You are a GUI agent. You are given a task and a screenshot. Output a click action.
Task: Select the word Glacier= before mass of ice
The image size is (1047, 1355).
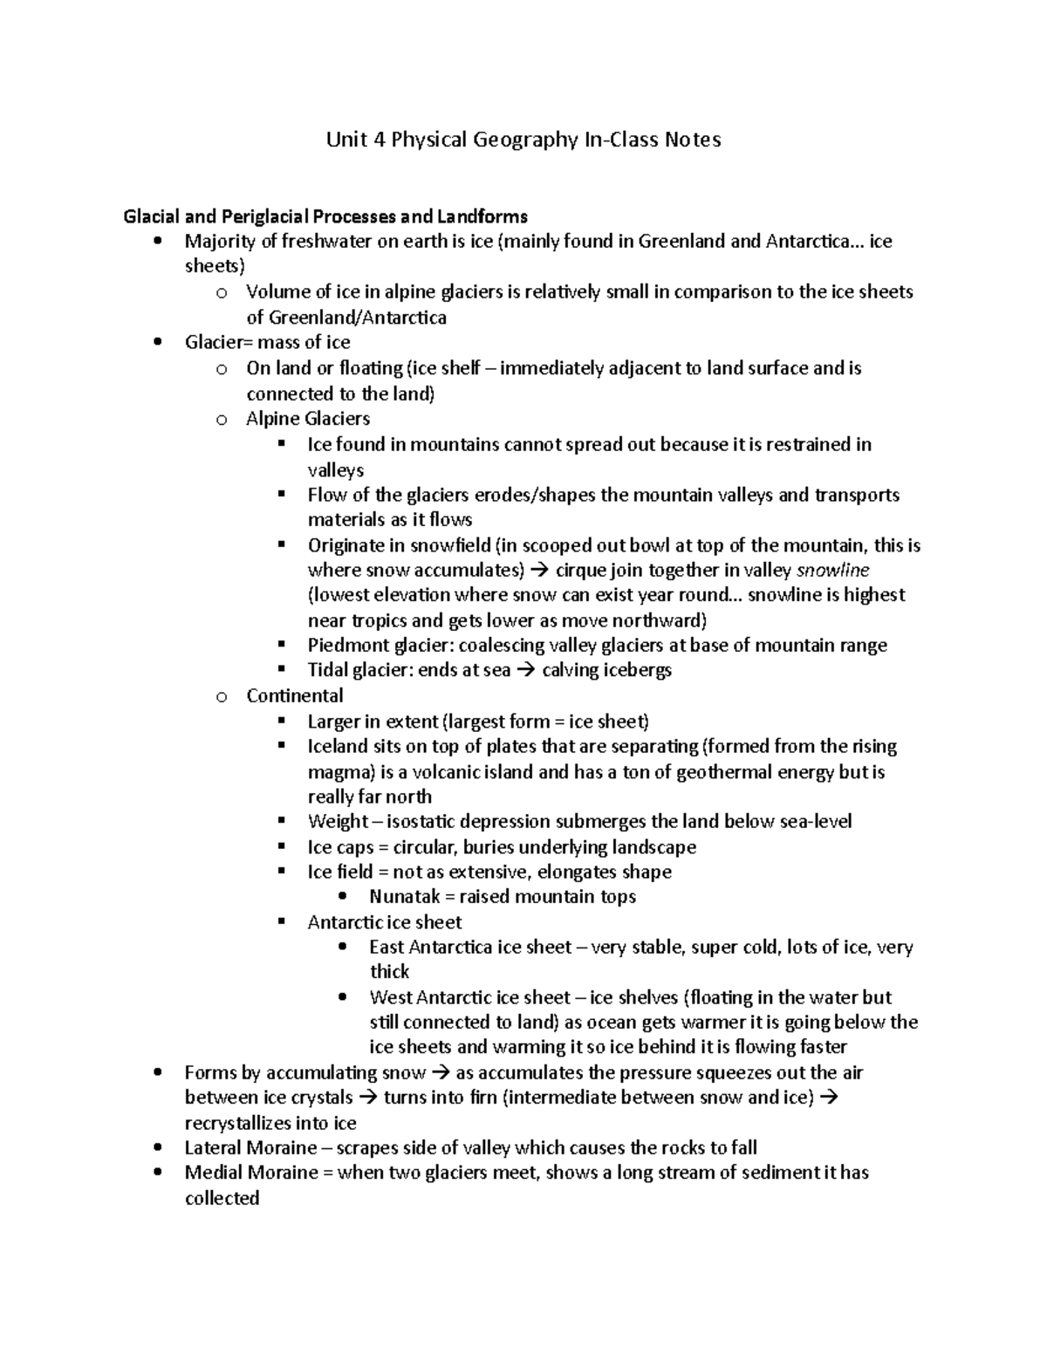coord(219,343)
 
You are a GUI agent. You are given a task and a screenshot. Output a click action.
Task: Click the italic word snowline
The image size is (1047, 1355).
coord(833,571)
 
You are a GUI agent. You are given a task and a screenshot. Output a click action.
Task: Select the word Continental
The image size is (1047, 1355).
coord(294,696)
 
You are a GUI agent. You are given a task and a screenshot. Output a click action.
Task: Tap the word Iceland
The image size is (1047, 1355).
coord(338,747)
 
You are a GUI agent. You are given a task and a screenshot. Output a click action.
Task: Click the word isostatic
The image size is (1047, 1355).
coord(424,822)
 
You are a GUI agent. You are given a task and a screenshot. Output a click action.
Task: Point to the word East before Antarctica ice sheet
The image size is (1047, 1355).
coord(386,948)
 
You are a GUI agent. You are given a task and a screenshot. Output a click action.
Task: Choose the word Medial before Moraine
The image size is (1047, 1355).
coord(213,1173)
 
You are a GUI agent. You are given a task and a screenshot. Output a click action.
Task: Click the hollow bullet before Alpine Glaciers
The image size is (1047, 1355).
coord(222,420)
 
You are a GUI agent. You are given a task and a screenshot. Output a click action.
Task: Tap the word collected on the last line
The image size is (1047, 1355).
coord(222,1199)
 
